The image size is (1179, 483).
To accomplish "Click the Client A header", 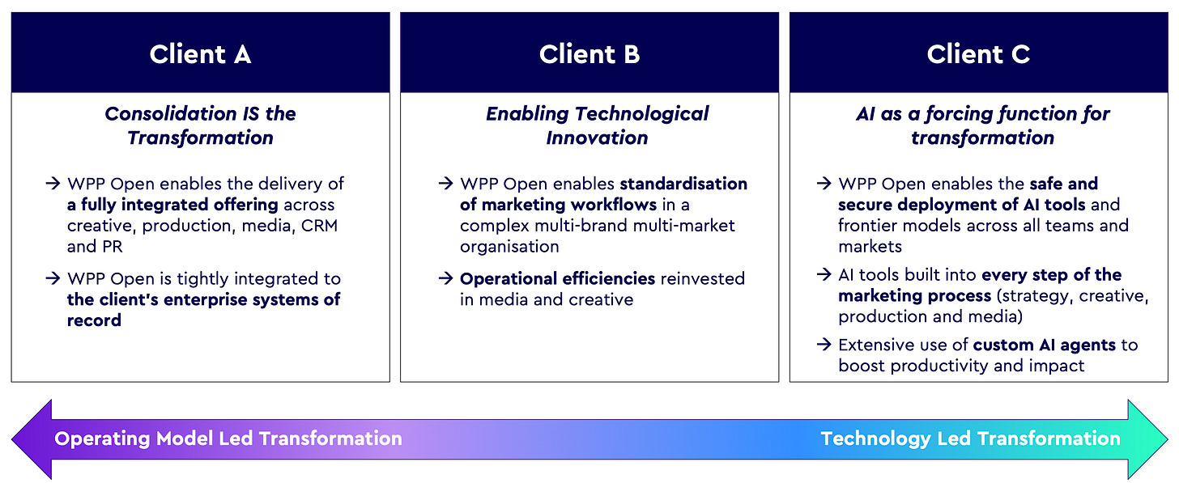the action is pyautogui.click(x=200, y=54).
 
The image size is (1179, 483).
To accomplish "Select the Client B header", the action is pyautogui.click(x=589, y=54).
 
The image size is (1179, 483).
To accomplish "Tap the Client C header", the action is pyautogui.click(x=978, y=54).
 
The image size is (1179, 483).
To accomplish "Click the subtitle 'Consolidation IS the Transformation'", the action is pyautogui.click(x=200, y=125).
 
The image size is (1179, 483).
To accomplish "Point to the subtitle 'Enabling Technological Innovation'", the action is pyautogui.click(x=597, y=125).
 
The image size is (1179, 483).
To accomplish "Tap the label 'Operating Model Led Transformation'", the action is pyautogui.click(x=228, y=439).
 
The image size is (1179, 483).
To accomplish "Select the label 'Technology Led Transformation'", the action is pyautogui.click(x=970, y=439).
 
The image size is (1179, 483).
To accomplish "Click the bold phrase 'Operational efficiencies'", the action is pyautogui.click(x=557, y=278).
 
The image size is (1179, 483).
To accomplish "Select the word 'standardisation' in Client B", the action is pyautogui.click(x=683, y=184).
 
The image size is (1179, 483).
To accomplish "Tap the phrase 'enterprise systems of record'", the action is pyautogui.click(x=203, y=309).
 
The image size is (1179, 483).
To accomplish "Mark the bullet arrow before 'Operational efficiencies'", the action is pyautogui.click(x=445, y=278).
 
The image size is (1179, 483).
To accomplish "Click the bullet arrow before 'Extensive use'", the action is pyautogui.click(x=824, y=345).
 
